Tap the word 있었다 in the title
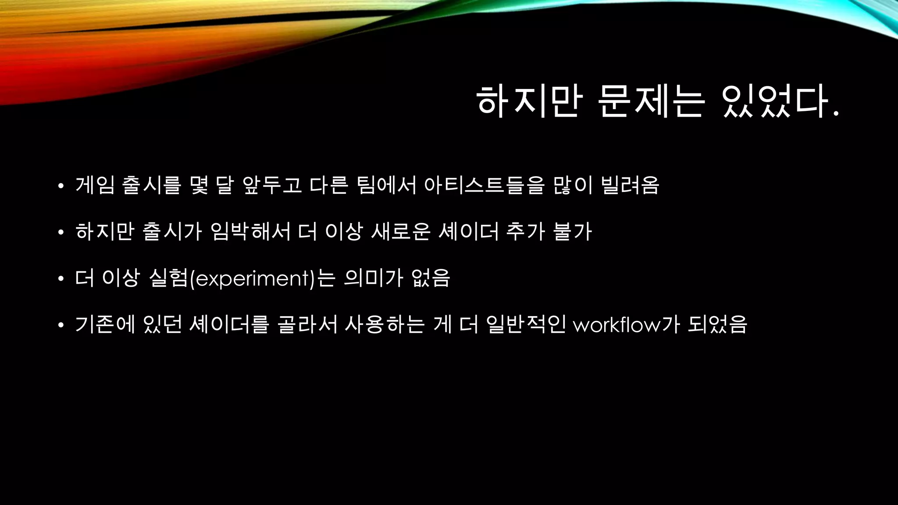pos(781,102)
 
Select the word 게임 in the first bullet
pos(95,185)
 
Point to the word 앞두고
pos(272,185)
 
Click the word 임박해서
pos(251,231)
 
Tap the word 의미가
pos(373,278)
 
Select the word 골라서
pos(307,324)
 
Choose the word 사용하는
pos(385,324)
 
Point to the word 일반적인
pos(526,324)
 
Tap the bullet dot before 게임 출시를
pos(61,186)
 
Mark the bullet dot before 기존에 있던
pos(61,325)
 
